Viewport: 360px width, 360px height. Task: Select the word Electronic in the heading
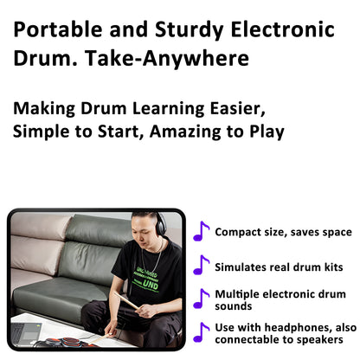point(280,30)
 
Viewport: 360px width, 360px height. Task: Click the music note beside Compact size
point(201,231)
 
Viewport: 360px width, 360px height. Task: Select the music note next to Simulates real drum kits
point(201,266)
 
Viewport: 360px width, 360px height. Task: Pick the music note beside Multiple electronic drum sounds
point(201,299)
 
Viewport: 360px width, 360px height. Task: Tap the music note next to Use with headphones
point(201,333)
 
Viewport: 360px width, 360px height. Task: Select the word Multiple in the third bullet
point(236,293)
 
